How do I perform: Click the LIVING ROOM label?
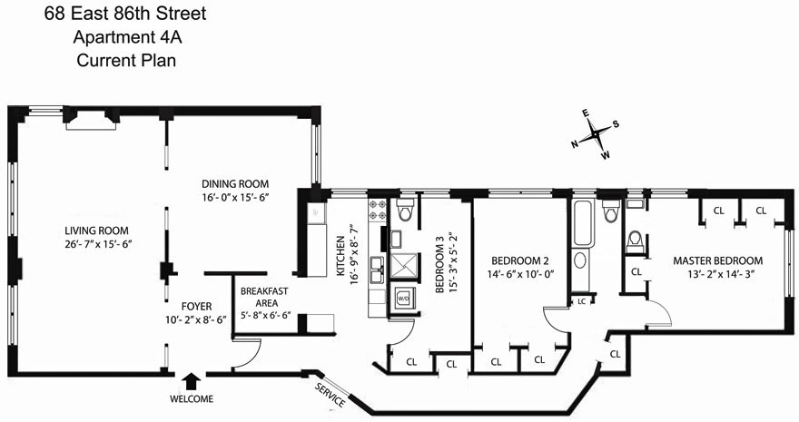96,230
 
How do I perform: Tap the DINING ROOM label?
236,182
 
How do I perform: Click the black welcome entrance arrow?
191,381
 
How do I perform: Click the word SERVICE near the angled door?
329,393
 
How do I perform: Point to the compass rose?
597,134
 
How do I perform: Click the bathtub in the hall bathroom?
582,222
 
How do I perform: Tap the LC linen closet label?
581,301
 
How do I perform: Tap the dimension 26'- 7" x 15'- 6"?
96,245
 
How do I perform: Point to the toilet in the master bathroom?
636,241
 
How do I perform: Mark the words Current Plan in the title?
125,62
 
